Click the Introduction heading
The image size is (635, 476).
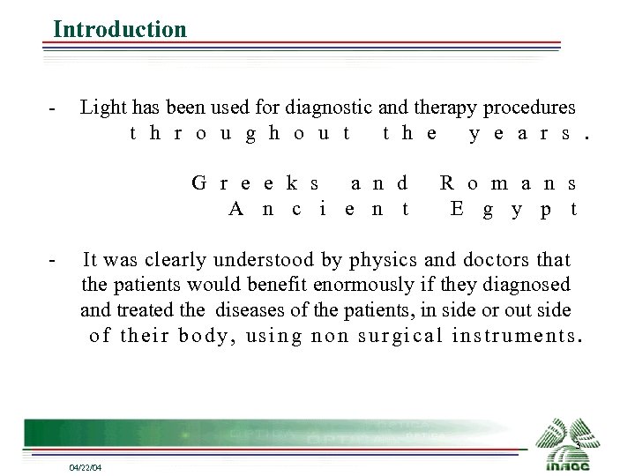(x=120, y=29)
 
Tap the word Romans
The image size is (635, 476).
(x=508, y=184)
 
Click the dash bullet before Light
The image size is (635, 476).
(x=54, y=109)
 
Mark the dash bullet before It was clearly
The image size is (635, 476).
(x=54, y=261)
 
